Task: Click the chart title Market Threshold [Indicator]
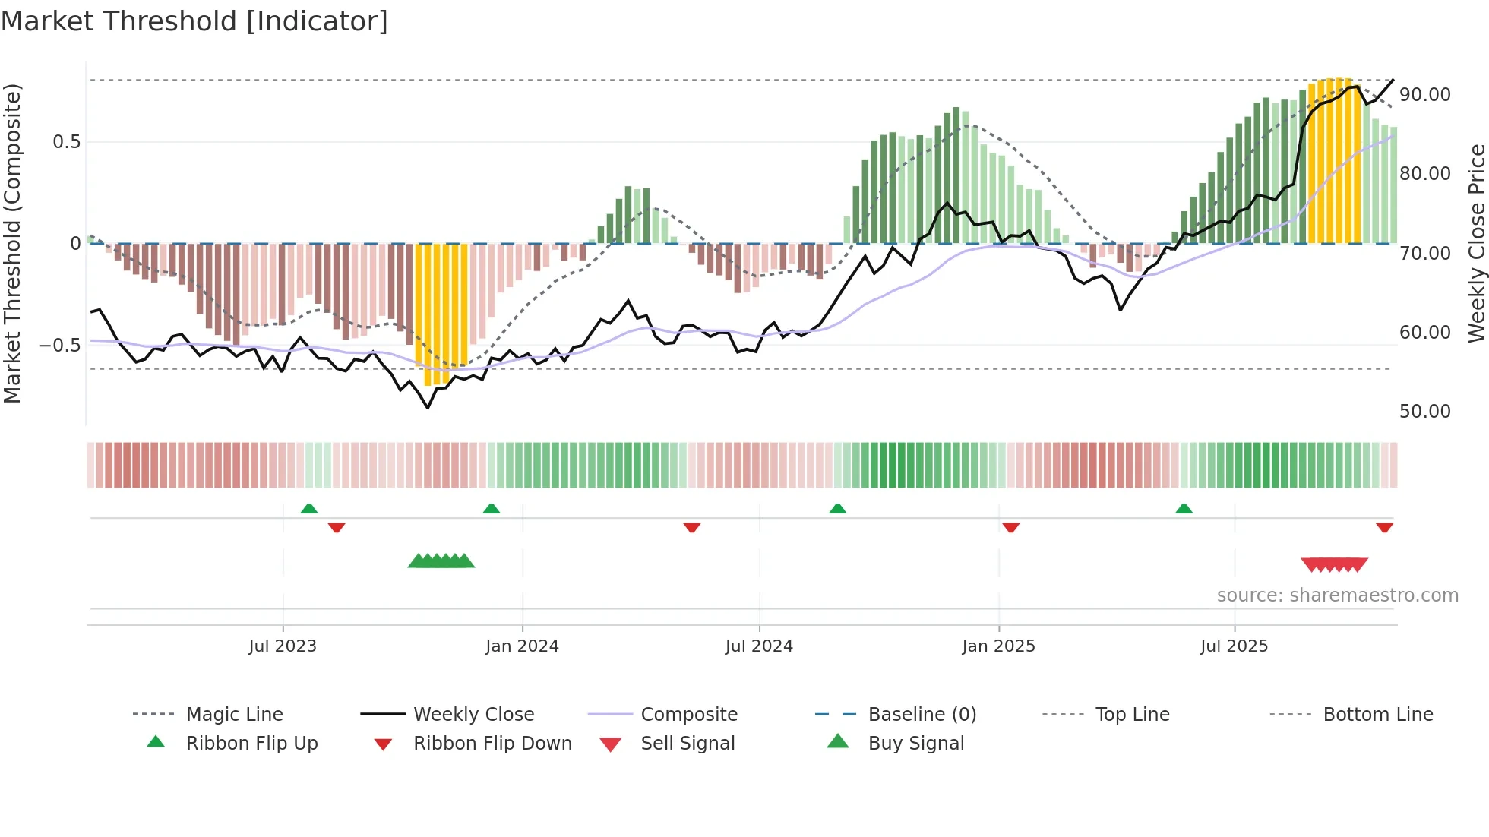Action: pyautogui.click(x=194, y=21)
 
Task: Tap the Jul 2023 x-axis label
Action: pyautogui.click(x=283, y=646)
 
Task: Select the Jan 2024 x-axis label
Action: pyautogui.click(x=522, y=646)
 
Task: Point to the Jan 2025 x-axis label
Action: pyautogui.click(x=998, y=646)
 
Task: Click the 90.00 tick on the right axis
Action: pyautogui.click(x=1424, y=95)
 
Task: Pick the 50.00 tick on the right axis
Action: pyautogui.click(x=1424, y=412)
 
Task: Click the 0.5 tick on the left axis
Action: pyautogui.click(x=66, y=142)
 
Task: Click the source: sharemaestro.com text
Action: pyautogui.click(x=1337, y=595)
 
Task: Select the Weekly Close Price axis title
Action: pyautogui.click(x=1476, y=243)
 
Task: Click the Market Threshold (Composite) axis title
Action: pyautogui.click(x=12, y=243)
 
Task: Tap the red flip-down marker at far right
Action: pyautogui.click(x=1384, y=527)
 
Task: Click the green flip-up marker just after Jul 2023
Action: pyautogui.click(x=309, y=509)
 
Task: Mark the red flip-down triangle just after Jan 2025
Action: pyautogui.click(x=1010, y=527)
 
